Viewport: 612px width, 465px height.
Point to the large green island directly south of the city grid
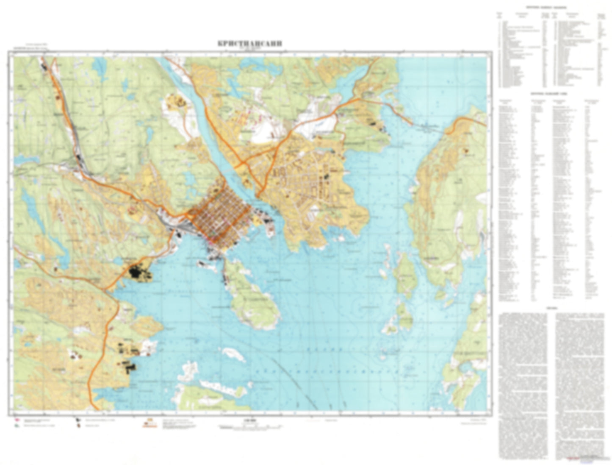click(252, 297)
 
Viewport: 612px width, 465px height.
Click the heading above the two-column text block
click(551, 309)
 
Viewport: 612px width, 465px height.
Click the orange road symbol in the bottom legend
click(149, 423)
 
